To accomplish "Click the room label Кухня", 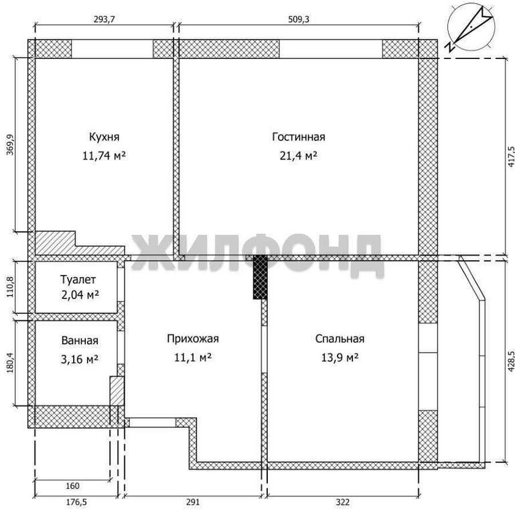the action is point(104,137).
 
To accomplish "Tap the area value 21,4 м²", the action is point(298,155).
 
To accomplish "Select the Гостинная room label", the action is point(299,137).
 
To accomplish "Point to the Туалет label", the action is point(78,280).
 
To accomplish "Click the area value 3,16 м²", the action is point(80,359).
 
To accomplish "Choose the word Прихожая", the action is point(193,339).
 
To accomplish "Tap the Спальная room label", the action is point(340,339).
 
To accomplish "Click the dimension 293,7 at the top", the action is point(104,19).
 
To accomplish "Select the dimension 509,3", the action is point(299,19).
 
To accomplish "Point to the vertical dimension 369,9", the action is point(10,145).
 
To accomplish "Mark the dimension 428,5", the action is point(510,361).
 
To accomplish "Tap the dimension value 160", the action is point(72,485).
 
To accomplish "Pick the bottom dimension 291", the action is point(193,502).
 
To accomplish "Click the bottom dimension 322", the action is point(343,502).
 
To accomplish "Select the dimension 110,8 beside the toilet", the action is point(10,287).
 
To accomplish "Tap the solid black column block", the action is point(260,277).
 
